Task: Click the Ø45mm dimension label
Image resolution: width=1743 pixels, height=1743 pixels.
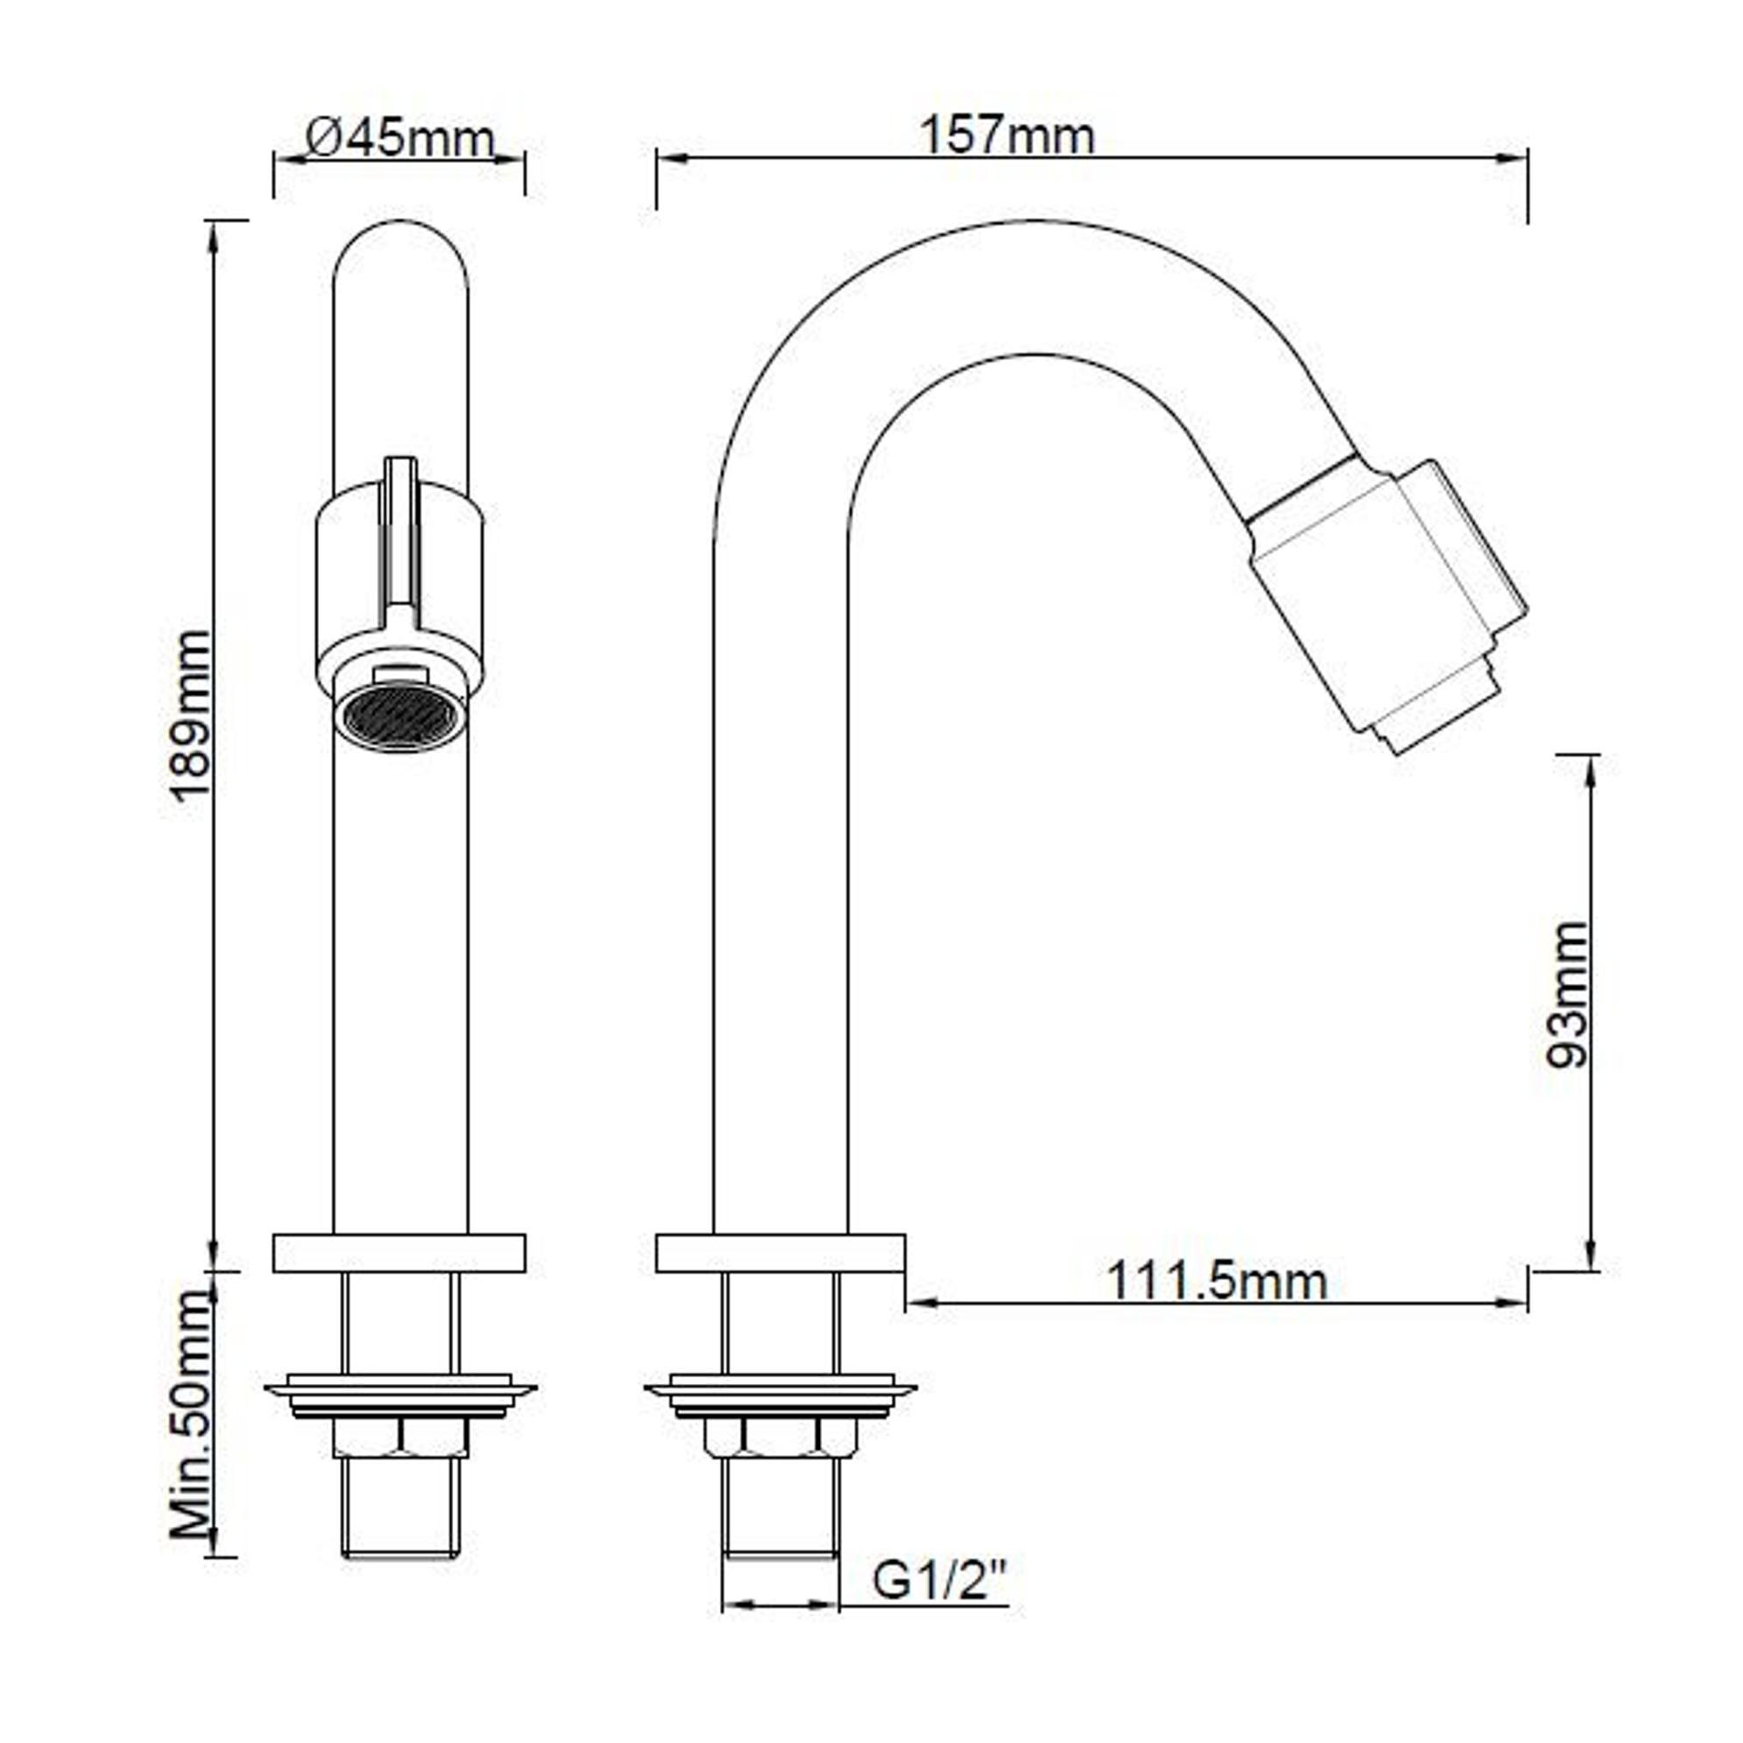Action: pyautogui.click(x=400, y=139)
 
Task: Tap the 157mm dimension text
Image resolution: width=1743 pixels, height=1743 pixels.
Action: pyautogui.click(x=1006, y=136)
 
